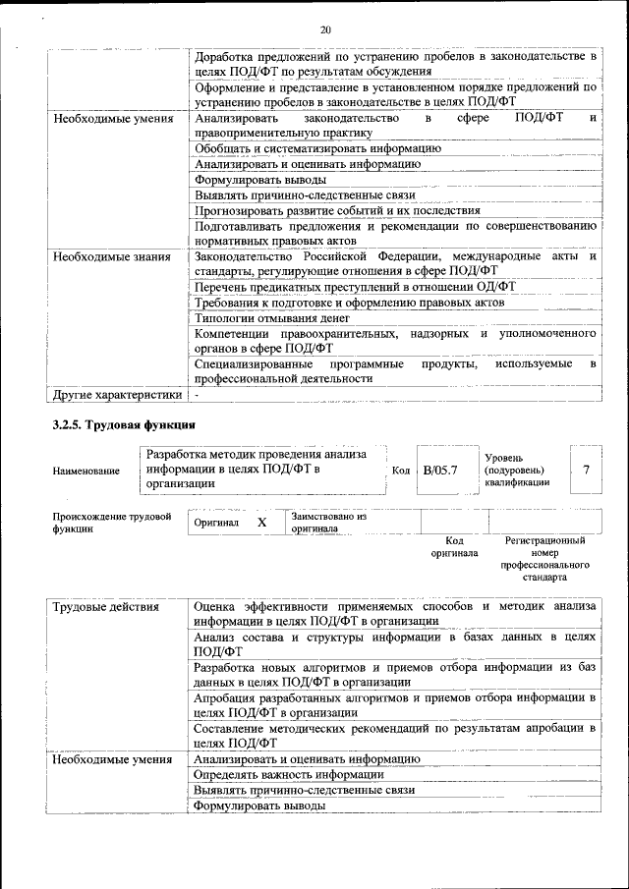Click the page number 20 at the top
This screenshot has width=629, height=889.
(324, 28)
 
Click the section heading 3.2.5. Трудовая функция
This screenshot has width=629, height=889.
(124, 424)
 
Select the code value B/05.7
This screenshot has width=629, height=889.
(440, 470)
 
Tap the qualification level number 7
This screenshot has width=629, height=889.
(586, 470)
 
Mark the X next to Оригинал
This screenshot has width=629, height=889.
(262, 523)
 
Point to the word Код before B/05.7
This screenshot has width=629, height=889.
(401, 471)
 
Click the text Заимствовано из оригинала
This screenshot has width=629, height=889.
(328, 522)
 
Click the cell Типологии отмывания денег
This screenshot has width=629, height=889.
(272, 318)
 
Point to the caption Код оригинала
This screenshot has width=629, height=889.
(454, 546)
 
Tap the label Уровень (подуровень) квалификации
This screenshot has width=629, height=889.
(517, 470)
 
